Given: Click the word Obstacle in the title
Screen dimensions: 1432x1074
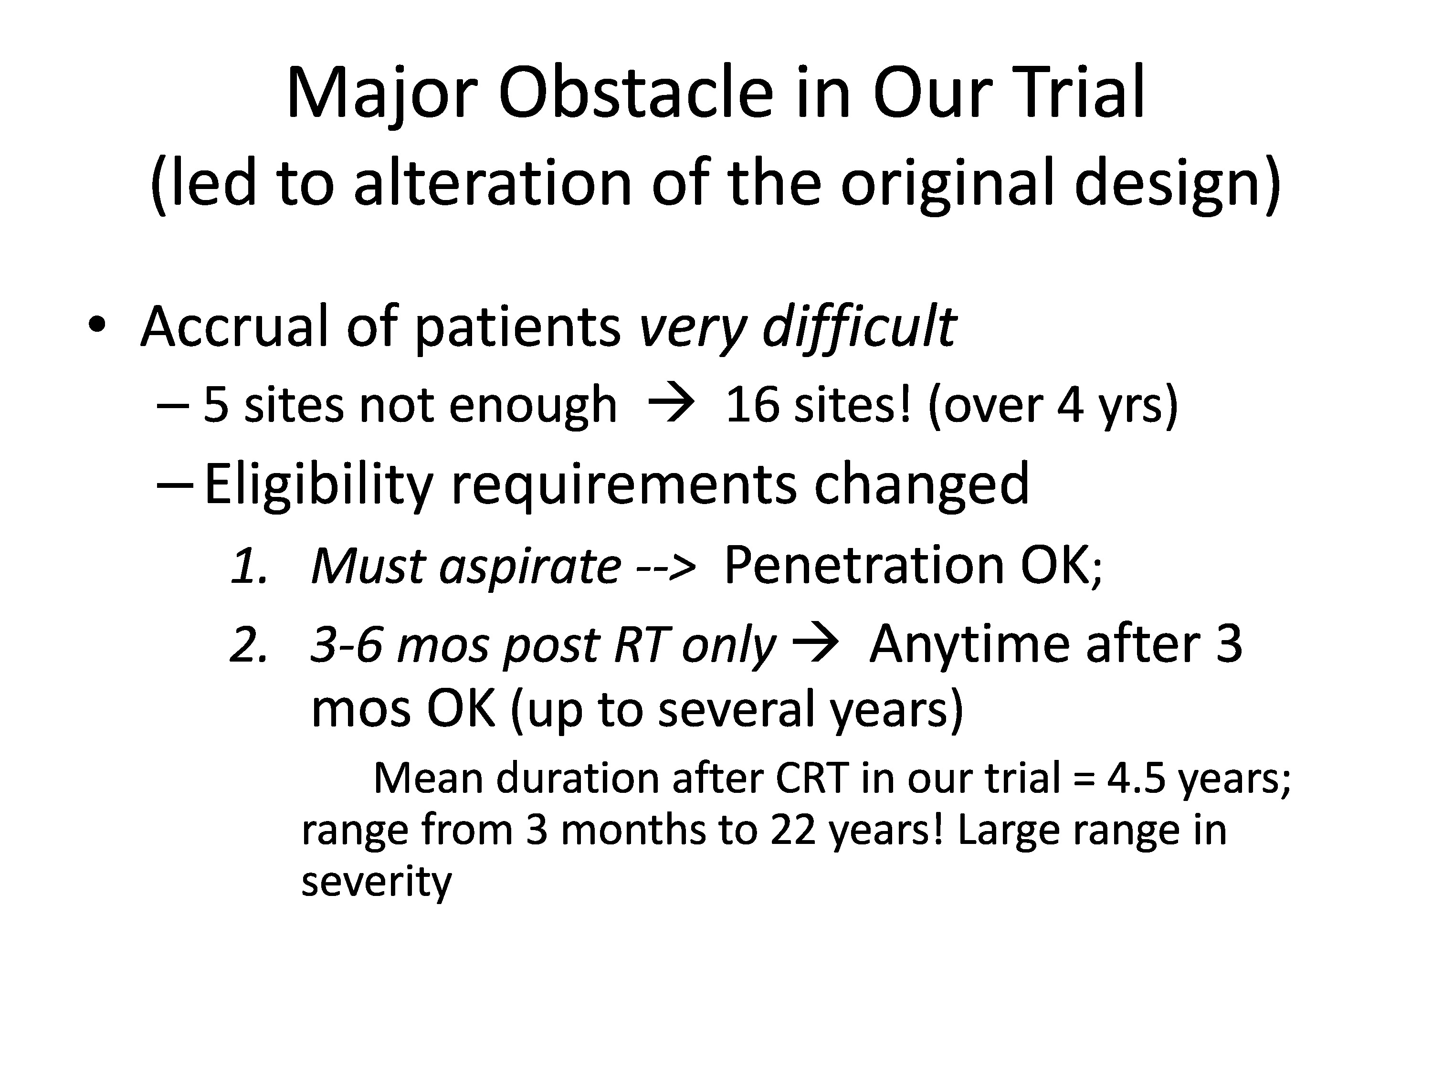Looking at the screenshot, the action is click(636, 93).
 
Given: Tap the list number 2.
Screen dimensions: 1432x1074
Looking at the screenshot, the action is click(249, 645).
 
